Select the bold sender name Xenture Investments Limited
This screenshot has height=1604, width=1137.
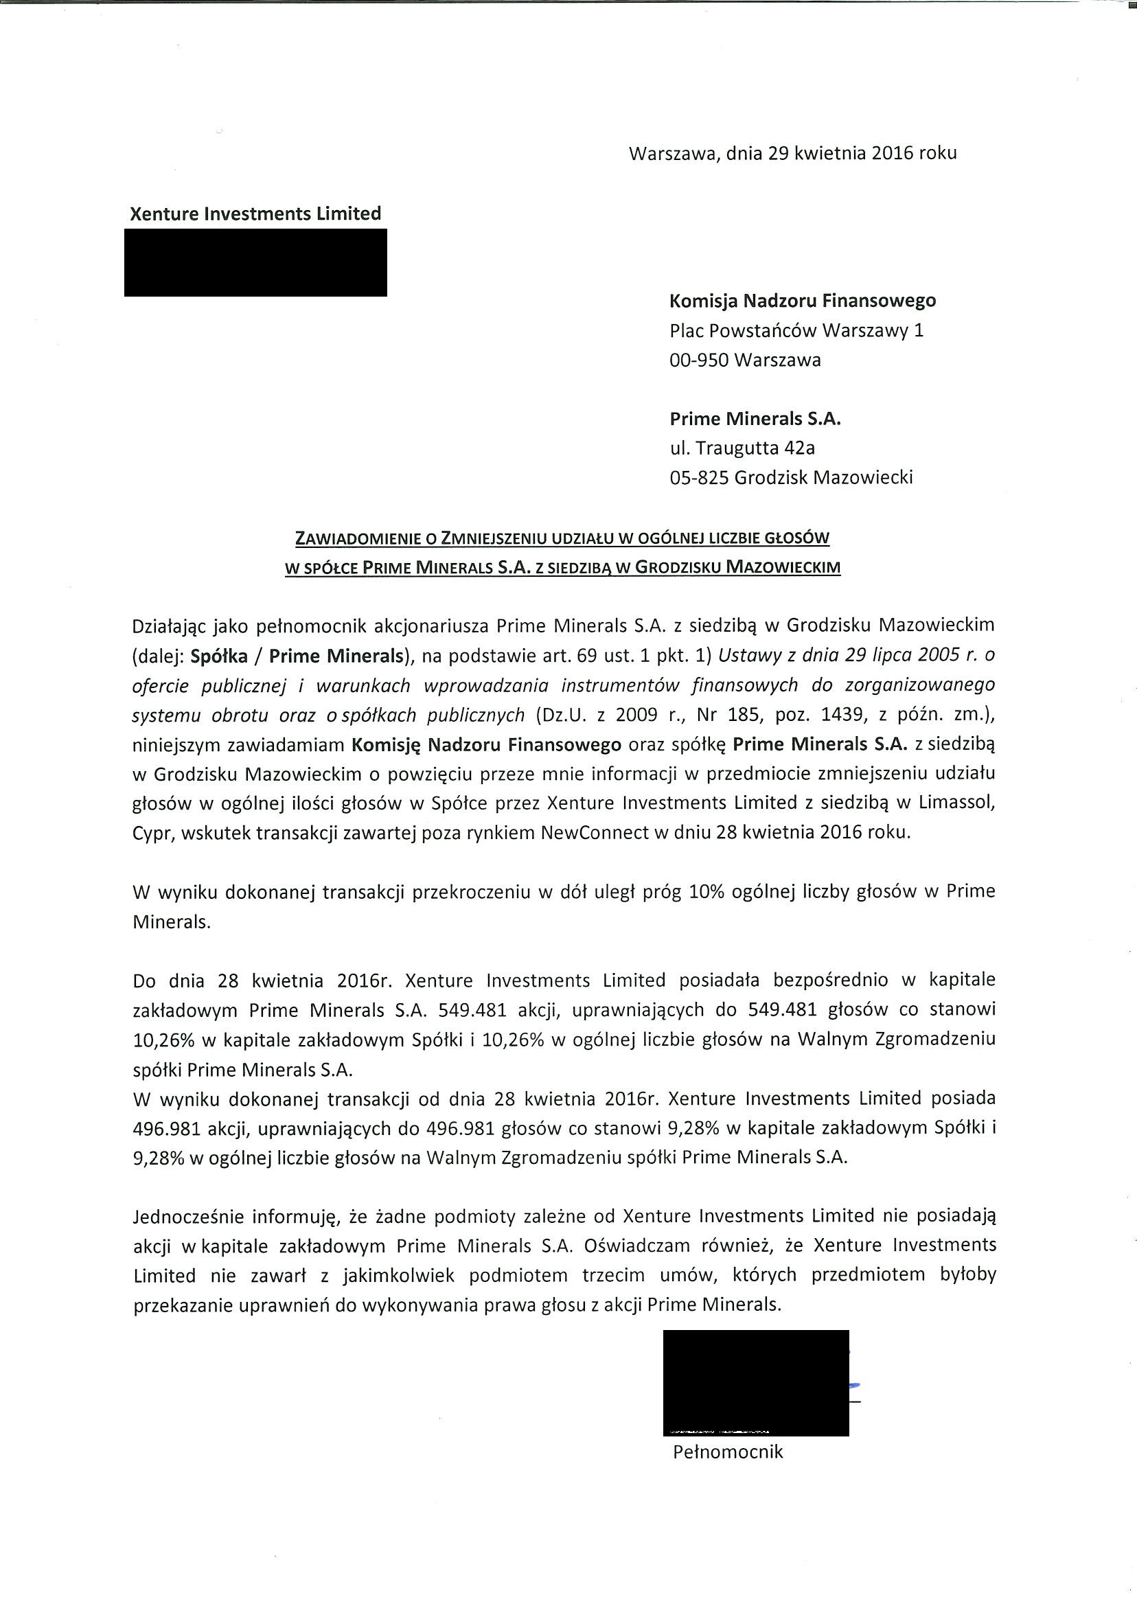255,214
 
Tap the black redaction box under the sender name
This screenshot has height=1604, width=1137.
255,262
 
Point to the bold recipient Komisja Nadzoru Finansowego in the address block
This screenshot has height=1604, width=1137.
803,301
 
